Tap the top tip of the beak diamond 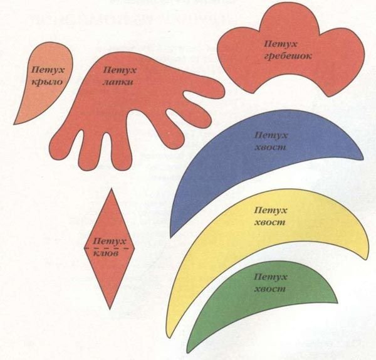tap(109, 189)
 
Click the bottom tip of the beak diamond tap(109, 308)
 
